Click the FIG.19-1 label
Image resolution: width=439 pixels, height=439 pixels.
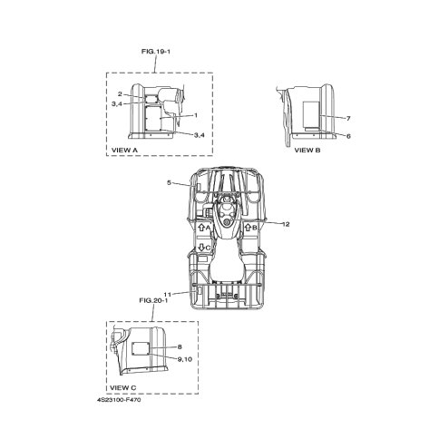156,52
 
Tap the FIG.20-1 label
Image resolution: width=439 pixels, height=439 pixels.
153,300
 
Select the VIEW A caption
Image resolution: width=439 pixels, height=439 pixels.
124,150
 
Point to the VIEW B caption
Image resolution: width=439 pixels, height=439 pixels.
307,150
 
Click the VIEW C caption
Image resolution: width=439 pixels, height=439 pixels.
122,387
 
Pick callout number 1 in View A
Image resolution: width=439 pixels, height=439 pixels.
196,115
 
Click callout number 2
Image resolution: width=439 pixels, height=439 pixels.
120,94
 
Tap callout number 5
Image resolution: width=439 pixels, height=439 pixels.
169,182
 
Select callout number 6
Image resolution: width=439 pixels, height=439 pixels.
348,136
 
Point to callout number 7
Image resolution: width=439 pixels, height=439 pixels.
348,119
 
